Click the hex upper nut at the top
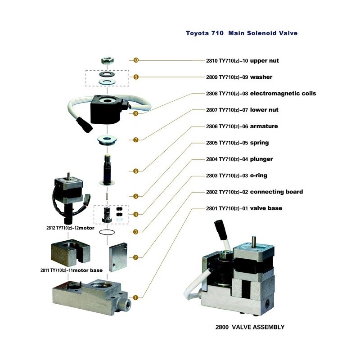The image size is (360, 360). tap(107, 60)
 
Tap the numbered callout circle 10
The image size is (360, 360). tap(136, 60)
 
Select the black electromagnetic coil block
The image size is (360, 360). tap(108, 110)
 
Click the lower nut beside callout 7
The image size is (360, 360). tap(107, 140)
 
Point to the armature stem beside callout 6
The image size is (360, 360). tap(107, 170)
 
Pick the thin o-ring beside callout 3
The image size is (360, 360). tap(107, 232)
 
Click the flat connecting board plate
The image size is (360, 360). tap(118, 257)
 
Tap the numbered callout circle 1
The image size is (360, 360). tap(135, 297)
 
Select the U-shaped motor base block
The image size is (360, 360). tap(70, 253)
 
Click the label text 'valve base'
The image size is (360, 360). tap(266, 208)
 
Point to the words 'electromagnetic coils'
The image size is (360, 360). tap(283, 94)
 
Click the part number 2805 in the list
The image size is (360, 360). tap(211, 143)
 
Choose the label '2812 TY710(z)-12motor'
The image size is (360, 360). tap(70, 228)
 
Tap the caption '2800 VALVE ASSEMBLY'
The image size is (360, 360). tap(250, 327)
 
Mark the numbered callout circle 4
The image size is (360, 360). tap(136, 215)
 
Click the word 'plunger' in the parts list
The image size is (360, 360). tap(261, 159)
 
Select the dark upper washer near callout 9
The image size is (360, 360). tap(107, 74)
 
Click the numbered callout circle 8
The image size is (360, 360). tap(136, 113)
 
